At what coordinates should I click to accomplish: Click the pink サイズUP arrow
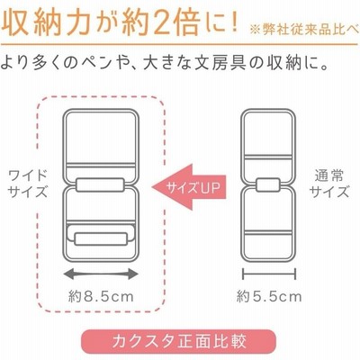(x=190, y=187)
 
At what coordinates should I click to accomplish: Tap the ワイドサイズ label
(x=28, y=184)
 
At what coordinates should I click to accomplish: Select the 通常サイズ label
(x=329, y=184)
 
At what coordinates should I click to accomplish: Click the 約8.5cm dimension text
(x=101, y=297)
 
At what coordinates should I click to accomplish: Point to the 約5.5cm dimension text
(x=269, y=297)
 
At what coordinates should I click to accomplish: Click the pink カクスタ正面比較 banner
(x=179, y=341)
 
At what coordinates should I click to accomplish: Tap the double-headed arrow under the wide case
(x=101, y=274)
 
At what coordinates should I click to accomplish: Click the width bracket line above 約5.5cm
(x=269, y=274)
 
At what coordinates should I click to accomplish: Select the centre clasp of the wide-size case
(x=100, y=184)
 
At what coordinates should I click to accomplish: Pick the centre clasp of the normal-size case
(x=268, y=184)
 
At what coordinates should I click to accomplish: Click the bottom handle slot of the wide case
(x=100, y=238)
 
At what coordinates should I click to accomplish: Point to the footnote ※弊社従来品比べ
(x=304, y=30)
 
